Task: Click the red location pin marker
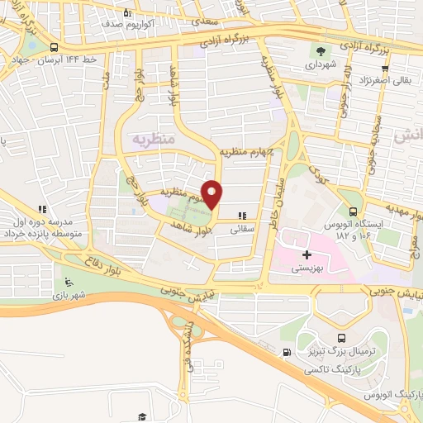(212, 194)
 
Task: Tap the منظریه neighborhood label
(151, 140)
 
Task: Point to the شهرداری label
(316, 64)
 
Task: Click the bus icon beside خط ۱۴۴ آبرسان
(54, 47)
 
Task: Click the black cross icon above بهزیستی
(307, 254)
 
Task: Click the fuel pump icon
(287, 352)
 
